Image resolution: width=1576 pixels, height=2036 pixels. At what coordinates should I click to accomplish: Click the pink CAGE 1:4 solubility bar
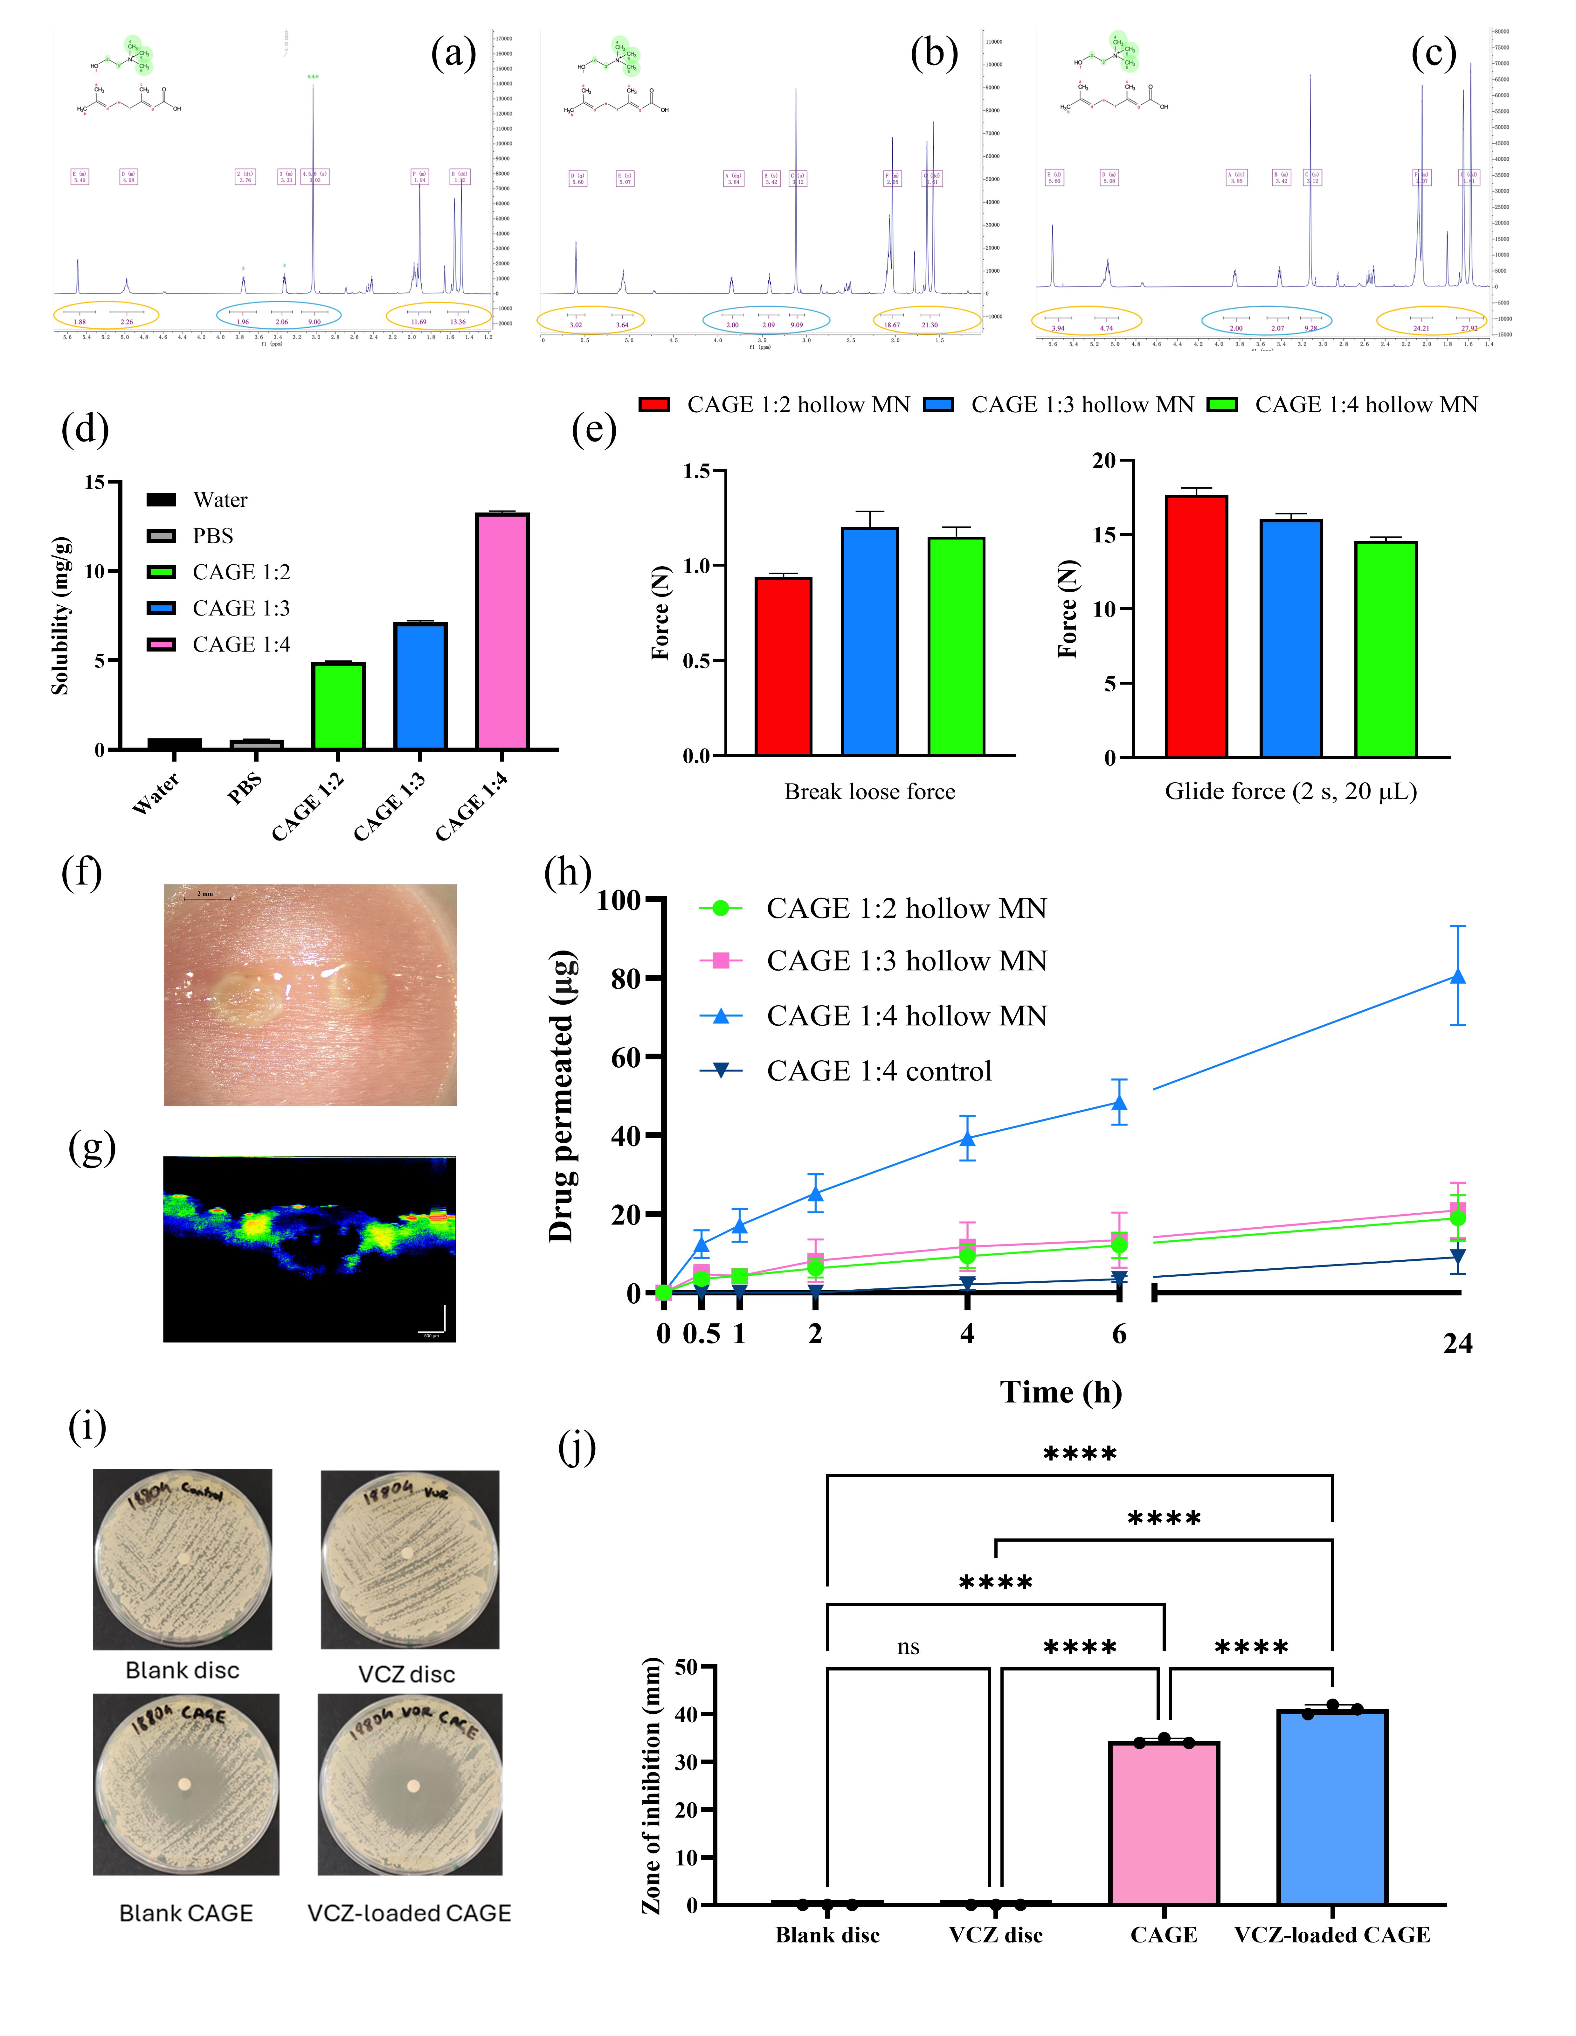(502, 631)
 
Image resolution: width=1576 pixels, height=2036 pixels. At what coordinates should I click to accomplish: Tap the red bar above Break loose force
(783, 666)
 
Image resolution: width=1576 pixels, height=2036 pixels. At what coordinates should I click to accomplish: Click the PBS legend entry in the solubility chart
(212, 536)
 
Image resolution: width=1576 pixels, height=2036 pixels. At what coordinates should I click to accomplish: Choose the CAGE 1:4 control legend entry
(879, 1071)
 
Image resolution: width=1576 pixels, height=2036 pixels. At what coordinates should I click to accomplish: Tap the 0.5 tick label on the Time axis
(701, 1334)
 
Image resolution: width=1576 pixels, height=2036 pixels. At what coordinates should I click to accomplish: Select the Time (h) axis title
(1061, 1392)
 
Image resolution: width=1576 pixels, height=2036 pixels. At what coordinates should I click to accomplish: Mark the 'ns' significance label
(908, 1647)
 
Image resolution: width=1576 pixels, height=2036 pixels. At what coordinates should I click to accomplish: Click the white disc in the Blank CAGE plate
(184, 1784)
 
